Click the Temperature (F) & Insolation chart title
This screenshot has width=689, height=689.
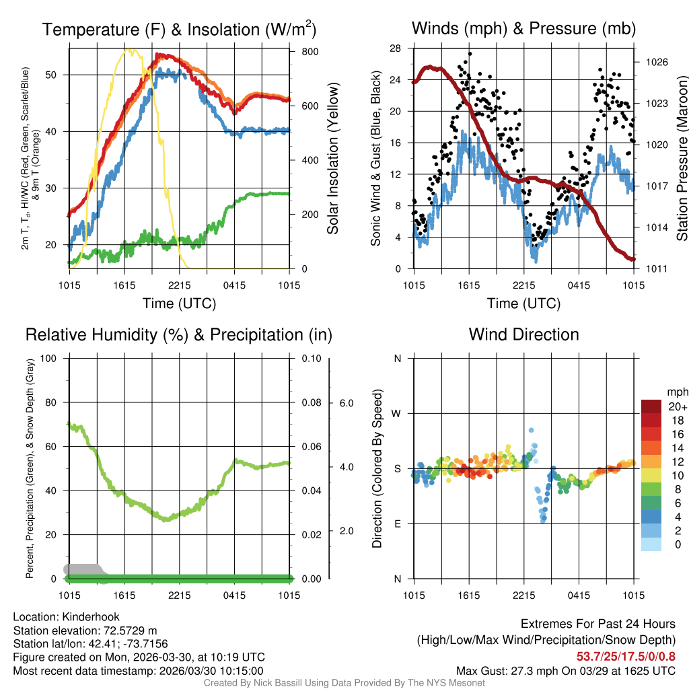point(179,30)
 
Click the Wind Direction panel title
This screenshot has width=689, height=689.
point(523,334)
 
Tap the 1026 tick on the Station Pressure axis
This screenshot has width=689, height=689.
point(655,62)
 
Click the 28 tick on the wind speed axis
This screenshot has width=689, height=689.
point(396,48)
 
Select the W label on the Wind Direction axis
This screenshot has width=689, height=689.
point(397,413)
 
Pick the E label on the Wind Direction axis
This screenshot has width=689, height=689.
point(397,523)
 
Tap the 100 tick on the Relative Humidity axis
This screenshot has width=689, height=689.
point(48,358)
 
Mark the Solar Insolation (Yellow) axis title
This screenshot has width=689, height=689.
point(333,159)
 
